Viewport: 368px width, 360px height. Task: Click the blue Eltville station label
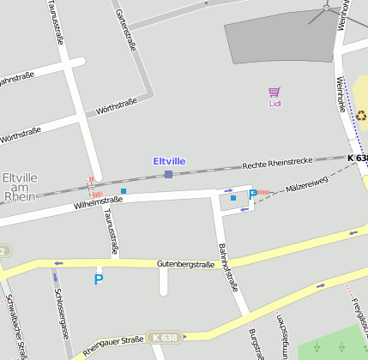(169, 161)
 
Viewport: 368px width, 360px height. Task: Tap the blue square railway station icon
(168, 174)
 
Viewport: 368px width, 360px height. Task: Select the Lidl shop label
(274, 104)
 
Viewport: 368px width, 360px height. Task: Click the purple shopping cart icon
(274, 92)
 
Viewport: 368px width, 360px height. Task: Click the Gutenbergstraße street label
(185, 265)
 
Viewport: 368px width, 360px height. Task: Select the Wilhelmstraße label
(99, 202)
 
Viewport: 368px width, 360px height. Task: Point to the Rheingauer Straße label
(113, 345)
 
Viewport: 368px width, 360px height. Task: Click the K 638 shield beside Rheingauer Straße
(165, 338)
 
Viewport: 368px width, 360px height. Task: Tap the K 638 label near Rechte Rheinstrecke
(358, 159)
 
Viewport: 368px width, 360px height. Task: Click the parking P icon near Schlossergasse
(99, 279)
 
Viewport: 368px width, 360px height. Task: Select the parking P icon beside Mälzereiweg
(252, 195)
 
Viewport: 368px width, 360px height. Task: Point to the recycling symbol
(361, 116)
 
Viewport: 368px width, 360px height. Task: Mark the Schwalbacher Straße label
(18, 327)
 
